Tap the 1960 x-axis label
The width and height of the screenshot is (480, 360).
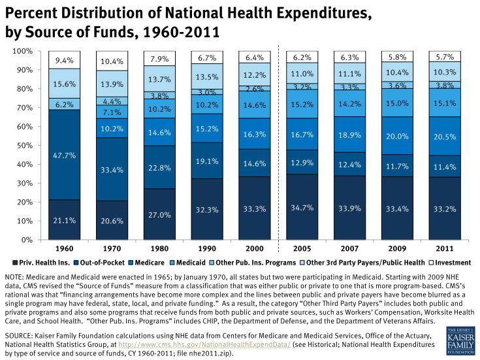pyautogui.click(x=64, y=249)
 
